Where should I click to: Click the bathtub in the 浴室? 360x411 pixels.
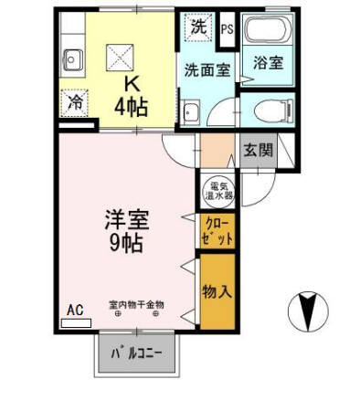click(x=267, y=29)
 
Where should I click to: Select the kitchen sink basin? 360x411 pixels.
click(x=73, y=60)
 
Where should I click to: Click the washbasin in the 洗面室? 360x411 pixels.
click(x=191, y=112)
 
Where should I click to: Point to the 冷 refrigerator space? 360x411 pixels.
click(x=75, y=103)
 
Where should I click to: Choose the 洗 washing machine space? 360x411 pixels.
click(x=199, y=27)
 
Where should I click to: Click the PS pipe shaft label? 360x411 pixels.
click(x=228, y=29)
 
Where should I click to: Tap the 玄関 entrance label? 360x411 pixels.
click(x=258, y=150)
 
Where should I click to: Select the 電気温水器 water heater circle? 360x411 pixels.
click(x=218, y=191)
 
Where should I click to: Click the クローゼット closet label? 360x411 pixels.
click(x=217, y=230)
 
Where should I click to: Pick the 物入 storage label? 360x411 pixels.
click(x=217, y=291)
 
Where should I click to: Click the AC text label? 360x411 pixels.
click(x=75, y=311)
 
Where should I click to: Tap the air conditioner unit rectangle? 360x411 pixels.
click(x=76, y=323)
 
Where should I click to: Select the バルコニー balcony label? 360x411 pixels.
click(x=136, y=353)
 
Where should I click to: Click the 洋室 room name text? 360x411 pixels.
click(x=127, y=219)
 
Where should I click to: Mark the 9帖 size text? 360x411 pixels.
click(x=126, y=244)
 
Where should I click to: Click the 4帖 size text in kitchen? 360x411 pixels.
click(x=132, y=107)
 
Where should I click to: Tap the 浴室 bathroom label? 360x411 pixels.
click(x=269, y=63)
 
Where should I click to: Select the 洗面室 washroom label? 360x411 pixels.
click(x=207, y=70)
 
